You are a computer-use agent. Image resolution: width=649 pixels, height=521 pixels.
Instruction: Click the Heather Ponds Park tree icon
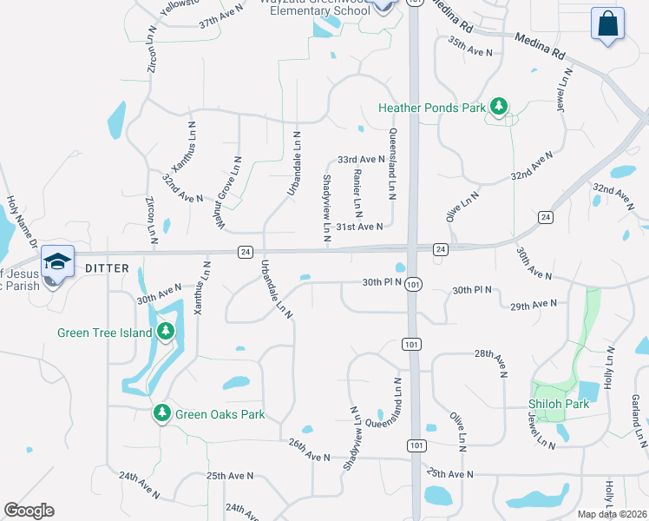[499, 108]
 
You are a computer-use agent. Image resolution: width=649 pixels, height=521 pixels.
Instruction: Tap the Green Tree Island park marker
[165, 332]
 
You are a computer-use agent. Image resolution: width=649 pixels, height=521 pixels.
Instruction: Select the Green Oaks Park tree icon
[161, 413]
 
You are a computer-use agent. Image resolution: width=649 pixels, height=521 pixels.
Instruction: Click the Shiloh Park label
[559, 404]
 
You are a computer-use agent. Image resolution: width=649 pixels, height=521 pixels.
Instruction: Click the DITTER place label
[107, 268]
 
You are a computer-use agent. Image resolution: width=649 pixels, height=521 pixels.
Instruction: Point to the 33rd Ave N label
[361, 160]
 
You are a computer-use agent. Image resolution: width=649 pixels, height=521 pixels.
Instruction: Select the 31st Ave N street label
[360, 227]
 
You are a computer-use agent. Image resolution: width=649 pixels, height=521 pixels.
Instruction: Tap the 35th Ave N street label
[470, 45]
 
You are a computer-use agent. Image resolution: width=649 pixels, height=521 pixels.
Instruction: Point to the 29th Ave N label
[533, 306]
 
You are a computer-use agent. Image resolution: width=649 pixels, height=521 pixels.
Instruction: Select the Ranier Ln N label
[357, 193]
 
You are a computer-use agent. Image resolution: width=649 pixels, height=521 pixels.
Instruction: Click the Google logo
[29, 511]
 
